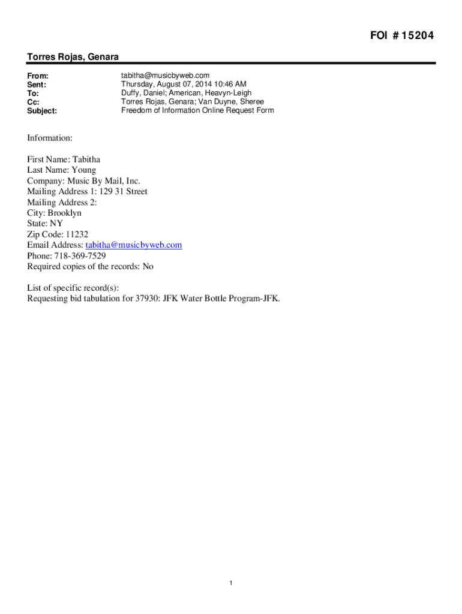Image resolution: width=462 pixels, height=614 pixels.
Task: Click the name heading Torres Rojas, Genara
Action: pyautogui.click(x=73, y=57)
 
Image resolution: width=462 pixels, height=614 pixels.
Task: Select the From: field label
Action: pyautogui.click(x=38, y=76)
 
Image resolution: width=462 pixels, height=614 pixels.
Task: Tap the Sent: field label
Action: pyautogui.click(x=37, y=85)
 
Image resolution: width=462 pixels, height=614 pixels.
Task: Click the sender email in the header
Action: pyautogui.click(x=166, y=76)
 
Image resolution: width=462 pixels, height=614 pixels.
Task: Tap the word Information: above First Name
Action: pyautogui.click(x=50, y=139)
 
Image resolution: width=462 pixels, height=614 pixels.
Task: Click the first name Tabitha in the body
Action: pyautogui.click(x=86, y=159)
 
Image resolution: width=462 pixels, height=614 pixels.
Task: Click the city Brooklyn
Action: pyautogui.click(x=65, y=213)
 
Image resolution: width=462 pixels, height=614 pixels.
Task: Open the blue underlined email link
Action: pyautogui.click(x=134, y=245)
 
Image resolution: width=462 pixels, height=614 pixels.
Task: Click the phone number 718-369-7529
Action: pyautogui.click(x=80, y=256)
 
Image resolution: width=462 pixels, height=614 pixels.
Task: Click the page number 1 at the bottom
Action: pyautogui.click(x=231, y=583)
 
